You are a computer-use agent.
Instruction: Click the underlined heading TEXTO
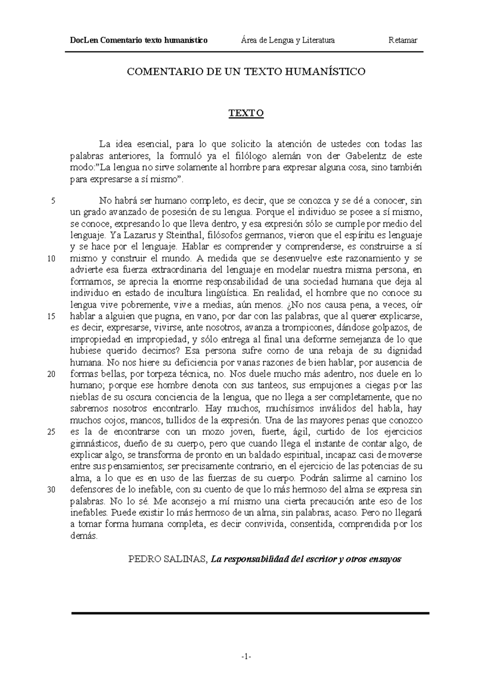[246, 114]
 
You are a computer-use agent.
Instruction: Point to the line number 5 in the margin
[53, 201]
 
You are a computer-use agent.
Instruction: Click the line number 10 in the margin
[52, 259]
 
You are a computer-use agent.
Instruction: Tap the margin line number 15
[52, 317]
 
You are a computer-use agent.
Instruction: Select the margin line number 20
[52, 375]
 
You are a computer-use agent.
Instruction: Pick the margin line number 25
[52, 432]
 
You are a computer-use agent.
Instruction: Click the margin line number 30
[52, 490]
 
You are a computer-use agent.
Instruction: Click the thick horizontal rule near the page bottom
[250, 613]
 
